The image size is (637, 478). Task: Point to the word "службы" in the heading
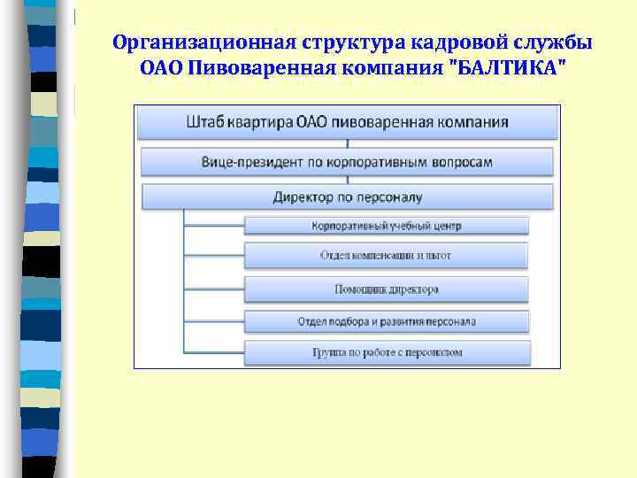point(554,42)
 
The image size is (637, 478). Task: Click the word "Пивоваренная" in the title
point(256,68)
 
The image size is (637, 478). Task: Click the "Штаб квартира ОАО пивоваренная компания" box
point(348,122)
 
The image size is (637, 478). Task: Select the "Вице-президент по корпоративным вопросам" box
point(348,162)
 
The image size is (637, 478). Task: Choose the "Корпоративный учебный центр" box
point(387,226)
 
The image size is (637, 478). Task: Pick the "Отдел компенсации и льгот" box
point(387,256)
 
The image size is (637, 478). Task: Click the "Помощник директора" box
point(387,289)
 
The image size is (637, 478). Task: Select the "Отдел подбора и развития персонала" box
point(387,321)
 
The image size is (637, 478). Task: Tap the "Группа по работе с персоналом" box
point(387,352)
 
